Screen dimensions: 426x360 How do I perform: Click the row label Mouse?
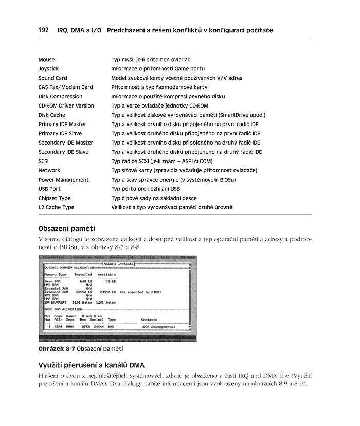(x=46, y=60)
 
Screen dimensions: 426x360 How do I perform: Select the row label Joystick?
(x=48, y=69)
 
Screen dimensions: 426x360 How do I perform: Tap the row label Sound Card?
(x=52, y=78)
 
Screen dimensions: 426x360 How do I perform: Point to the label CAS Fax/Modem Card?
(x=65, y=87)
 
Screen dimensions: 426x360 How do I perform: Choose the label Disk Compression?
(x=60, y=97)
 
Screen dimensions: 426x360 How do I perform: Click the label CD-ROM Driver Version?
(x=66, y=106)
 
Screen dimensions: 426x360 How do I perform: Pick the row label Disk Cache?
(x=51, y=115)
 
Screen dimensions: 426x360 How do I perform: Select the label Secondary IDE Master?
(x=66, y=143)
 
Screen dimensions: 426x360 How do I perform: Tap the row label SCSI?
(x=44, y=161)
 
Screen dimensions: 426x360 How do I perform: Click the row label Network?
(x=49, y=170)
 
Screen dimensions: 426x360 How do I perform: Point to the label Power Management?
(x=63, y=180)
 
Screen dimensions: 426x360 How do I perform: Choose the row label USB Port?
(x=49, y=189)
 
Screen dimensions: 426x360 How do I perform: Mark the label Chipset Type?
(x=55, y=198)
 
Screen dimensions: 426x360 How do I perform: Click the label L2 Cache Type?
(x=56, y=207)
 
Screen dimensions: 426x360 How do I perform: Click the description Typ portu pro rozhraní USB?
(x=146, y=189)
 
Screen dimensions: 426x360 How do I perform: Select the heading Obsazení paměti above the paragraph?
(x=67, y=228)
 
